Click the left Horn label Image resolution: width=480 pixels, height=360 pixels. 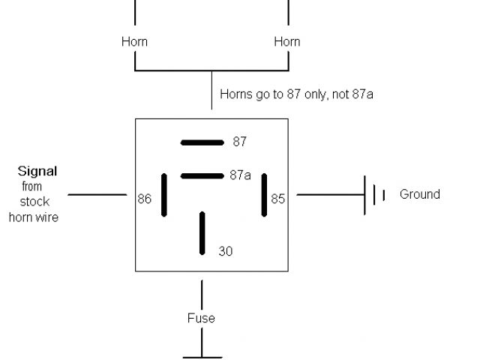click(134, 42)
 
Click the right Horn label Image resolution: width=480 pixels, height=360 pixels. click(287, 42)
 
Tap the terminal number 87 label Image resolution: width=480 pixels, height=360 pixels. click(240, 141)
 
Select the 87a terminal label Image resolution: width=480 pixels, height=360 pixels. click(240, 175)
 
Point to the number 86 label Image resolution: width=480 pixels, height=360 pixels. click(145, 199)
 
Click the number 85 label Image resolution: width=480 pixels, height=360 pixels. click(278, 199)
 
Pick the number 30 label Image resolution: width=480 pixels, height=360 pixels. click(226, 251)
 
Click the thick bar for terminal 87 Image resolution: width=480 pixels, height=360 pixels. click(202, 142)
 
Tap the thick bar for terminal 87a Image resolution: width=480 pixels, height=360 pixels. click(202, 176)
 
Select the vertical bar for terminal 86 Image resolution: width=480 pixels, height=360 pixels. click(164, 195)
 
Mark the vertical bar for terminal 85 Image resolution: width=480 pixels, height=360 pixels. click(264, 195)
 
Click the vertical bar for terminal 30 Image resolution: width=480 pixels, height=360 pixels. click(202, 233)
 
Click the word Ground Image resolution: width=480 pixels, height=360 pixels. click(419, 194)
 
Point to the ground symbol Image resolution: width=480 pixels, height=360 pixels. click(374, 195)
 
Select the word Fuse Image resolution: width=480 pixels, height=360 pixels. click(201, 318)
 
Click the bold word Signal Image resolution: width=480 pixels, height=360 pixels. click(37, 171)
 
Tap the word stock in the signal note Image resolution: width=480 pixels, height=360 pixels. click(34, 202)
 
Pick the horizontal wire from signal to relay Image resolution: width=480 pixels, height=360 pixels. click(97, 195)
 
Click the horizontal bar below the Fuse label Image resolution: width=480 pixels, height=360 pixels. click(202, 358)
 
